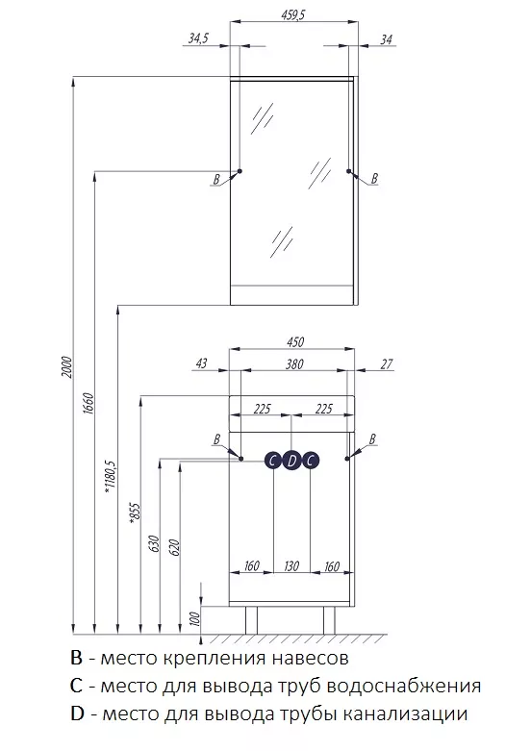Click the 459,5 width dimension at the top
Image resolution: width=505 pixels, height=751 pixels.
292,15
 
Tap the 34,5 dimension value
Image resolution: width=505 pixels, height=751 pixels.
197,38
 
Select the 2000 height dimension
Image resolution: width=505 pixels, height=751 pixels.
66,367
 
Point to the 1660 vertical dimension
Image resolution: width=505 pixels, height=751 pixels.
89,404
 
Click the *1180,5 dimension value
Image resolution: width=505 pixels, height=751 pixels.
111,477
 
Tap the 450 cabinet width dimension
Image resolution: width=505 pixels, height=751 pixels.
295,342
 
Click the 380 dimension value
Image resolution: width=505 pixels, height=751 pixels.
294,364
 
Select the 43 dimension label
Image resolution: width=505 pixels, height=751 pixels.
202,363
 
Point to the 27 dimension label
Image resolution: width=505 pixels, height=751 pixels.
387,364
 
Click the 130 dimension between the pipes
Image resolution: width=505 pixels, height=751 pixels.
291,566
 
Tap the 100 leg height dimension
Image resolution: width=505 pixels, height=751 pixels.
195,620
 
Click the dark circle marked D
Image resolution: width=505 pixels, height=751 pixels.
291,461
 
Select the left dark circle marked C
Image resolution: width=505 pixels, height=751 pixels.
272,461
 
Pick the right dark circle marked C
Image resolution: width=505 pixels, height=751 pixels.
311,461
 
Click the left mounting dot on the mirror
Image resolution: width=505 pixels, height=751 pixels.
240,171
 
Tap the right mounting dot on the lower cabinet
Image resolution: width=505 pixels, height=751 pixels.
347,459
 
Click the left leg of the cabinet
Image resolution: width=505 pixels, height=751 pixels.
252,620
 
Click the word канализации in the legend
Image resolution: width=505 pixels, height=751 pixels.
419,713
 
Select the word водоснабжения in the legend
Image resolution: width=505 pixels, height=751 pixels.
404,686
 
